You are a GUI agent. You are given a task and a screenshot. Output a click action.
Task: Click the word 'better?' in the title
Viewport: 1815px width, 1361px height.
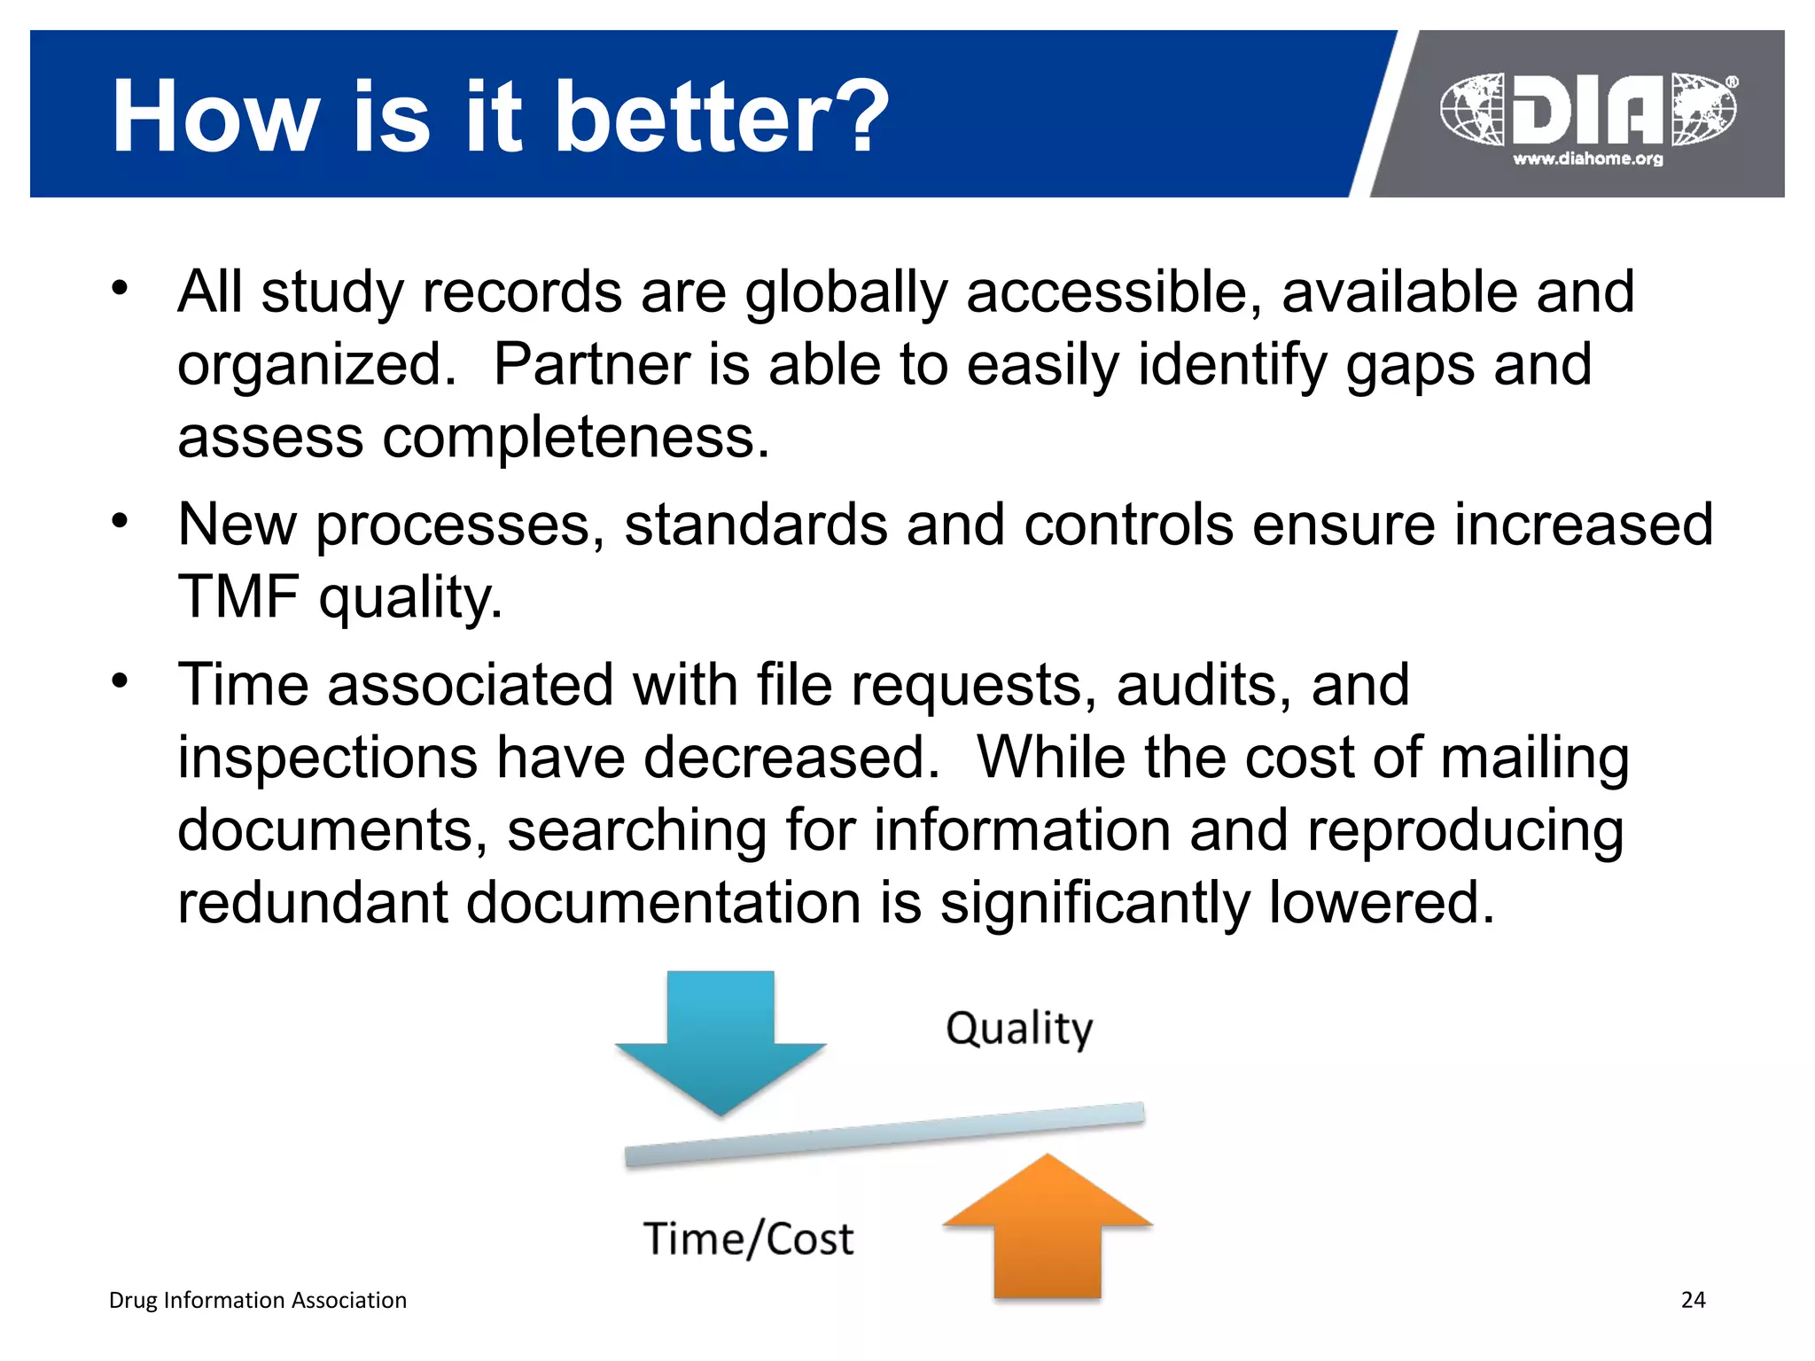pyautogui.click(x=721, y=116)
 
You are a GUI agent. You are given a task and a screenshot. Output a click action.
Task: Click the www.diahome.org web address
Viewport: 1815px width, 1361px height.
pyautogui.click(x=1587, y=159)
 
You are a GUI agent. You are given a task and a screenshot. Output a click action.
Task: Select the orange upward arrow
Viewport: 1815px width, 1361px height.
pyautogui.click(x=1048, y=1227)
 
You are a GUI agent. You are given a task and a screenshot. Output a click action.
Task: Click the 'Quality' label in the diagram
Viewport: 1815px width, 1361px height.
pyautogui.click(x=1019, y=1029)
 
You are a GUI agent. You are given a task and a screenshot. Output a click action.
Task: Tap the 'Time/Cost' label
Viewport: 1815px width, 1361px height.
pyautogui.click(x=748, y=1238)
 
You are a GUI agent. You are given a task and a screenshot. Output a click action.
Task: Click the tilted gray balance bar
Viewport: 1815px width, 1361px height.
pyautogui.click(x=884, y=1134)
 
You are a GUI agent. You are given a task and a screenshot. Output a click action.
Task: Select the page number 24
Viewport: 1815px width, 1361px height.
pyautogui.click(x=1693, y=1300)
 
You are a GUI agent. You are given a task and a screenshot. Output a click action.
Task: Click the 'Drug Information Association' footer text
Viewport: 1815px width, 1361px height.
pyautogui.click(x=257, y=1300)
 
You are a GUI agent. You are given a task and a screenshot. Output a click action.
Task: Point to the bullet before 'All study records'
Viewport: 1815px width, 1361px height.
pyautogui.click(x=121, y=287)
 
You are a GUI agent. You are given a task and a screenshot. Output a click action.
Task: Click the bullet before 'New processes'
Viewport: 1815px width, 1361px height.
pyautogui.click(x=121, y=520)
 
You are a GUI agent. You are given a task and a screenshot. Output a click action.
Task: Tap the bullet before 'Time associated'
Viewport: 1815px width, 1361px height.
pyautogui.click(x=121, y=680)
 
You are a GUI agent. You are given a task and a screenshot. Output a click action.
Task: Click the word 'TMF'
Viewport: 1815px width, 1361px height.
pyautogui.click(x=238, y=596)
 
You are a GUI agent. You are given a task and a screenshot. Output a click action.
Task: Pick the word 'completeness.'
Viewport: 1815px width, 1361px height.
pyautogui.click(x=576, y=437)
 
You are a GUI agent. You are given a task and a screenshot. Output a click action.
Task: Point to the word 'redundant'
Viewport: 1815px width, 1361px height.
pyautogui.click(x=313, y=902)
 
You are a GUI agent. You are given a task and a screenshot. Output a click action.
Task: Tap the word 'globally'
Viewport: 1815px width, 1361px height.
pyautogui.click(x=845, y=292)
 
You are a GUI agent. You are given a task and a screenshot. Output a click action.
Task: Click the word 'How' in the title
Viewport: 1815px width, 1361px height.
pyautogui.click(x=215, y=116)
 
